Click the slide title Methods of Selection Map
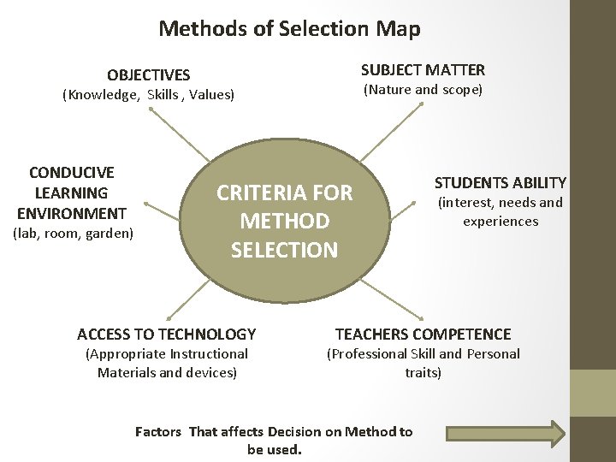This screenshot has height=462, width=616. click(289, 28)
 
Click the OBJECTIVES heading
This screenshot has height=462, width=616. click(148, 75)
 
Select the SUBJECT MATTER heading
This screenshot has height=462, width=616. click(423, 70)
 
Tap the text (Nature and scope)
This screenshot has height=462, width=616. click(423, 90)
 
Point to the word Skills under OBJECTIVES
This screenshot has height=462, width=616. click(163, 95)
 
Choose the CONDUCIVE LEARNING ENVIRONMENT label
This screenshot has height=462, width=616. click(71, 192)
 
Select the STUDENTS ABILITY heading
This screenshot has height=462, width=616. click(500, 182)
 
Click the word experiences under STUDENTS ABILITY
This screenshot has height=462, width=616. click(500, 222)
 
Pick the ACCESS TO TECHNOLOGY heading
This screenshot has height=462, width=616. click(166, 334)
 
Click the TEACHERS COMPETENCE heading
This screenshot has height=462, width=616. click(423, 334)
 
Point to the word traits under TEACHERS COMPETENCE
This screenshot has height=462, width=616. click(423, 373)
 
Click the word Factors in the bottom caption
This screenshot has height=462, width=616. click(158, 431)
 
